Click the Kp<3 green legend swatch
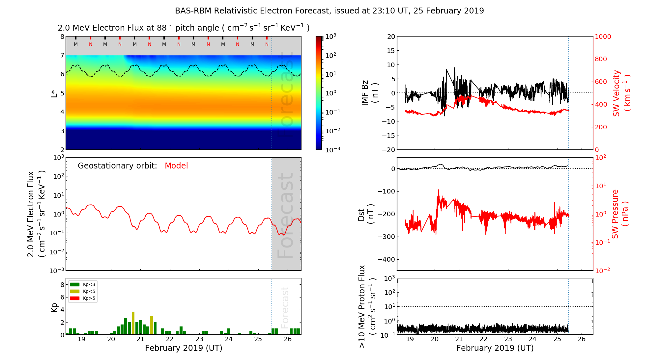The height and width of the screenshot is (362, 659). pyautogui.click(x=75, y=284)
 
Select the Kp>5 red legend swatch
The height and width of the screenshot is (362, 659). pyautogui.click(x=75, y=298)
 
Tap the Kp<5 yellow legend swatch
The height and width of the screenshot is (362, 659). pyautogui.click(x=75, y=292)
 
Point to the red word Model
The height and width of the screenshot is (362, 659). pyautogui.click(x=176, y=166)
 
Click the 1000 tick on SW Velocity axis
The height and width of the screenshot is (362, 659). pyautogui.click(x=603, y=37)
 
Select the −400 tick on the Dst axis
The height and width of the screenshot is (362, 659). pyautogui.click(x=387, y=259)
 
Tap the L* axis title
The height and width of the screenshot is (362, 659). pyautogui.click(x=54, y=93)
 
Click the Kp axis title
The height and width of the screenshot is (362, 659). pyautogui.click(x=54, y=307)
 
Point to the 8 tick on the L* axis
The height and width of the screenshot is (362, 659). pyautogui.click(x=62, y=37)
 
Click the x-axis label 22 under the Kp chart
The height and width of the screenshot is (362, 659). pyautogui.click(x=170, y=339)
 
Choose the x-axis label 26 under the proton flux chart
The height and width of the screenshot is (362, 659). pyautogui.click(x=582, y=339)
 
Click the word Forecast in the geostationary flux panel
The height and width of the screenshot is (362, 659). pyautogui.click(x=285, y=216)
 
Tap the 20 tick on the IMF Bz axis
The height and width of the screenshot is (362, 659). pyautogui.click(x=391, y=37)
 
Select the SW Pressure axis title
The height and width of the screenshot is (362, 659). pyautogui.click(x=620, y=214)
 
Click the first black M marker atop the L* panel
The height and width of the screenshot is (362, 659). pyautogui.click(x=76, y=44)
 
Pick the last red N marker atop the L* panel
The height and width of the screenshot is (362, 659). pyautogui.click(x=267, y=44)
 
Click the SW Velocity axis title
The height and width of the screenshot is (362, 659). pyautogui.click(x=621, y=93)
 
